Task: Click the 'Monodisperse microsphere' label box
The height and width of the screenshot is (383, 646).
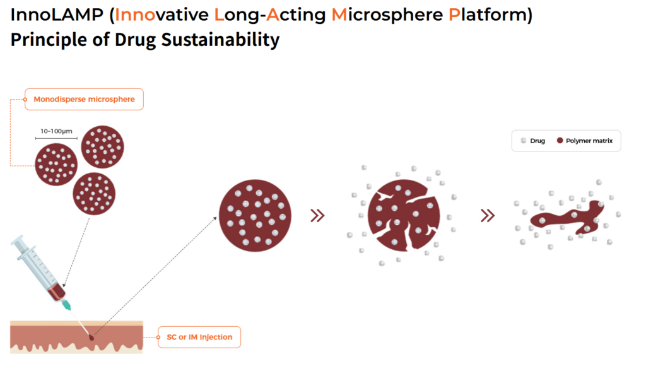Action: [x=84, y=99]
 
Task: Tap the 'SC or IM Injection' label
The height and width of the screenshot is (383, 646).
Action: [x=199, y=337]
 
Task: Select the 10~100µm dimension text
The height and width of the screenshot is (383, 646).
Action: [x=56, y=131]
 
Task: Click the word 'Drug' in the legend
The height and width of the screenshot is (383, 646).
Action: [x=537, y=141]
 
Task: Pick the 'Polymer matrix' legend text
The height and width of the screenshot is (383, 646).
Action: [x=589, y=141]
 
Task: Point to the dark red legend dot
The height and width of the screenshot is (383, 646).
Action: [x=560, y=141]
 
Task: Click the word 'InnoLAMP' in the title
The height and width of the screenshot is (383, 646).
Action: [x=57, y=15]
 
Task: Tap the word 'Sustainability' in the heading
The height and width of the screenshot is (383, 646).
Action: [x=220, y=40]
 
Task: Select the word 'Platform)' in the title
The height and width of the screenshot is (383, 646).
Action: [x=490, y=15]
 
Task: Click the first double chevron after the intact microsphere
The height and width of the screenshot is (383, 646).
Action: [x=317, y=216]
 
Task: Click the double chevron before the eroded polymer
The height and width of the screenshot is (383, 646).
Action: [x=488, y=216]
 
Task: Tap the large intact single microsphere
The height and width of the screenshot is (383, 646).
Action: [x=255, y=216]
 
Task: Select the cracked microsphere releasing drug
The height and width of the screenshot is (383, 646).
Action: [x=404, y=215]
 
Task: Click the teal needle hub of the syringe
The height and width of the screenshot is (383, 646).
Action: [x=66, y=305]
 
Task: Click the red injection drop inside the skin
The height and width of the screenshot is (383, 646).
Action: [x=91, y=337]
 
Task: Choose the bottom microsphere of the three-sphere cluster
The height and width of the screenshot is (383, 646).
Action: [x=94, y=194]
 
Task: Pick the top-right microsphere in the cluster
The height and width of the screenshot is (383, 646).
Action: [x=103, y=147]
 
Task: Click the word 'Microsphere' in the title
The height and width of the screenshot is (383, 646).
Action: [x=387, y=15]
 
